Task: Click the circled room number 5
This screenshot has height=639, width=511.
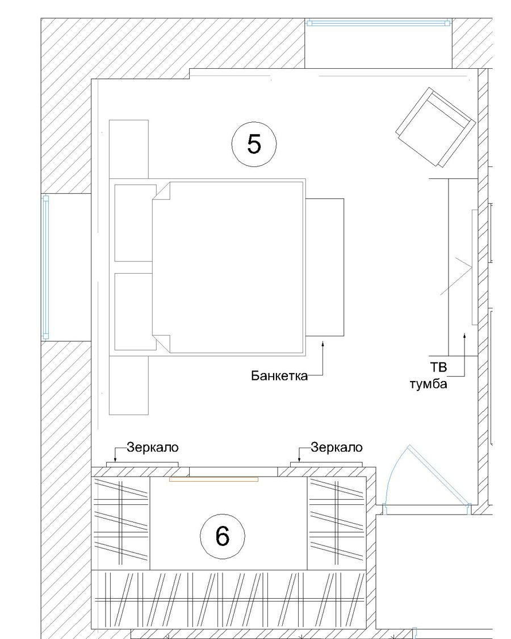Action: (x=253, y=144)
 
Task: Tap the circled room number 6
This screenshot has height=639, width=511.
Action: (x=223, y=536)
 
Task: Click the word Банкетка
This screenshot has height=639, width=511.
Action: (x=279, y=375)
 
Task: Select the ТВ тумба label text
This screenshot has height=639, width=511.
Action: (x=429, y=376)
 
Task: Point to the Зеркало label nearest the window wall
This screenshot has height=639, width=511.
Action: (x=152, y=448)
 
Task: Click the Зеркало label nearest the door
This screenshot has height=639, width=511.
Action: (x=337, y=448)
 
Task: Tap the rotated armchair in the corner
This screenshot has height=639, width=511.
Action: (x=435, y=127)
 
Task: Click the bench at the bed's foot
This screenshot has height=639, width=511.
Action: (x=325, y=268)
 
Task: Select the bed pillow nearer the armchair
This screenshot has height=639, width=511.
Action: (x=135, y=223)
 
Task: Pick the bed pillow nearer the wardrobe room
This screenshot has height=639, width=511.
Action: (x=135, y=311)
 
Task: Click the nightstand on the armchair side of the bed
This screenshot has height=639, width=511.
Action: (x=129, y=149)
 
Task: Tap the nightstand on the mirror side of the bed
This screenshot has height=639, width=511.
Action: (x=129, y=386)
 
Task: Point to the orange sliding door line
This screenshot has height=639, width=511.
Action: (x=213, y=479)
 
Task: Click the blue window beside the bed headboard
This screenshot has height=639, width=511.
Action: (x=45, y=267)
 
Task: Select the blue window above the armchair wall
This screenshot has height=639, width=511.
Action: (x=378, y=23)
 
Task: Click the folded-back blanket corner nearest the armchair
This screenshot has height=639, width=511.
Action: (x=161, y=191)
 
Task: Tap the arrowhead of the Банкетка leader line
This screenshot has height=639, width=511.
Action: (x=322, y=344)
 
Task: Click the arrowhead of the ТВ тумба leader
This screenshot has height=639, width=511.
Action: (x=464, y=335)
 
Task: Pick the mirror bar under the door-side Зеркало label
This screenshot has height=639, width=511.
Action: (x=326, y=465)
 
